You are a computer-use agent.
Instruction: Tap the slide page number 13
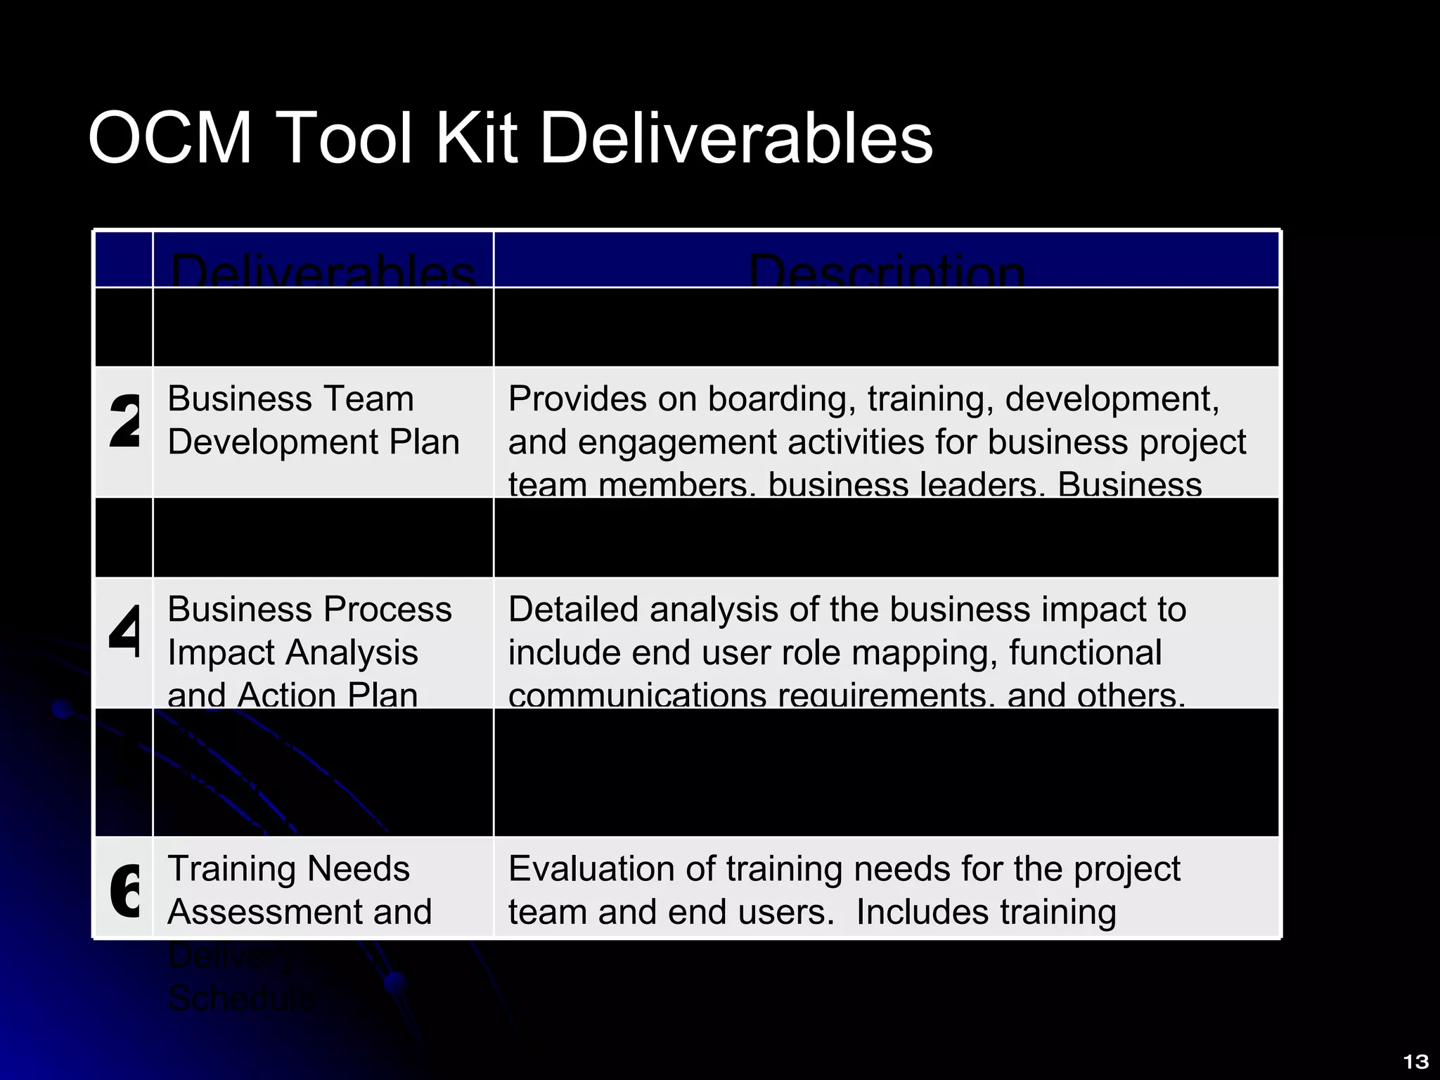point(1415,1062)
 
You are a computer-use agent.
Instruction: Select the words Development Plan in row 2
point(314,442)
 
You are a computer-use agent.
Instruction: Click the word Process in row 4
point(387,609)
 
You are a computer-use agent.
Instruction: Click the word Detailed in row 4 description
point(573,609)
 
